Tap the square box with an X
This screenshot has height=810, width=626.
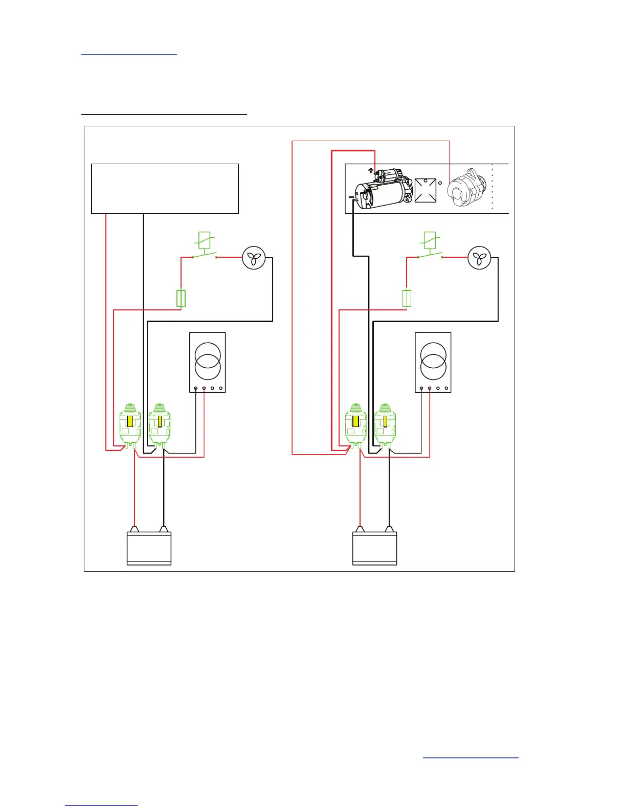tap(426, 190)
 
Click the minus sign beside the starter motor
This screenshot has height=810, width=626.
tap(351, 196)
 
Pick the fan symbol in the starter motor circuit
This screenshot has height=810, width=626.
tap(480, 258)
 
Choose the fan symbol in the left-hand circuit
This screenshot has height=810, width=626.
tap(254, 258)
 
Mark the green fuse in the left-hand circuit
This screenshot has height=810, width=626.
tap(181, 299)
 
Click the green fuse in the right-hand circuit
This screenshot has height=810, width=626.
tap(407, 299)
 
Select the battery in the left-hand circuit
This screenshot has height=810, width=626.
tap(149, 548)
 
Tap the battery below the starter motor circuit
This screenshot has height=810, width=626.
tap(375, 548)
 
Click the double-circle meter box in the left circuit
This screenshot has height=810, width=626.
tap(208, 363)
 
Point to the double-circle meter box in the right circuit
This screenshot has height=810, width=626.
tap(433, 363)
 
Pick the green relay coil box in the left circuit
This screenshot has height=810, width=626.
tap(204, 240)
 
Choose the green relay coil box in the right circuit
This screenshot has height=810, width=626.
tap(430, 240)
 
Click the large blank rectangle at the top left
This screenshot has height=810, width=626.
tap(165, 188)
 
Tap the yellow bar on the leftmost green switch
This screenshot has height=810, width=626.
tap(130, 421)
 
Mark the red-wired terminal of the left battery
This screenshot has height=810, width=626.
tap(135, 529)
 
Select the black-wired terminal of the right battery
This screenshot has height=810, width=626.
tap(390, 529)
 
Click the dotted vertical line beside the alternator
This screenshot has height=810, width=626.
tap(492, 187)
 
